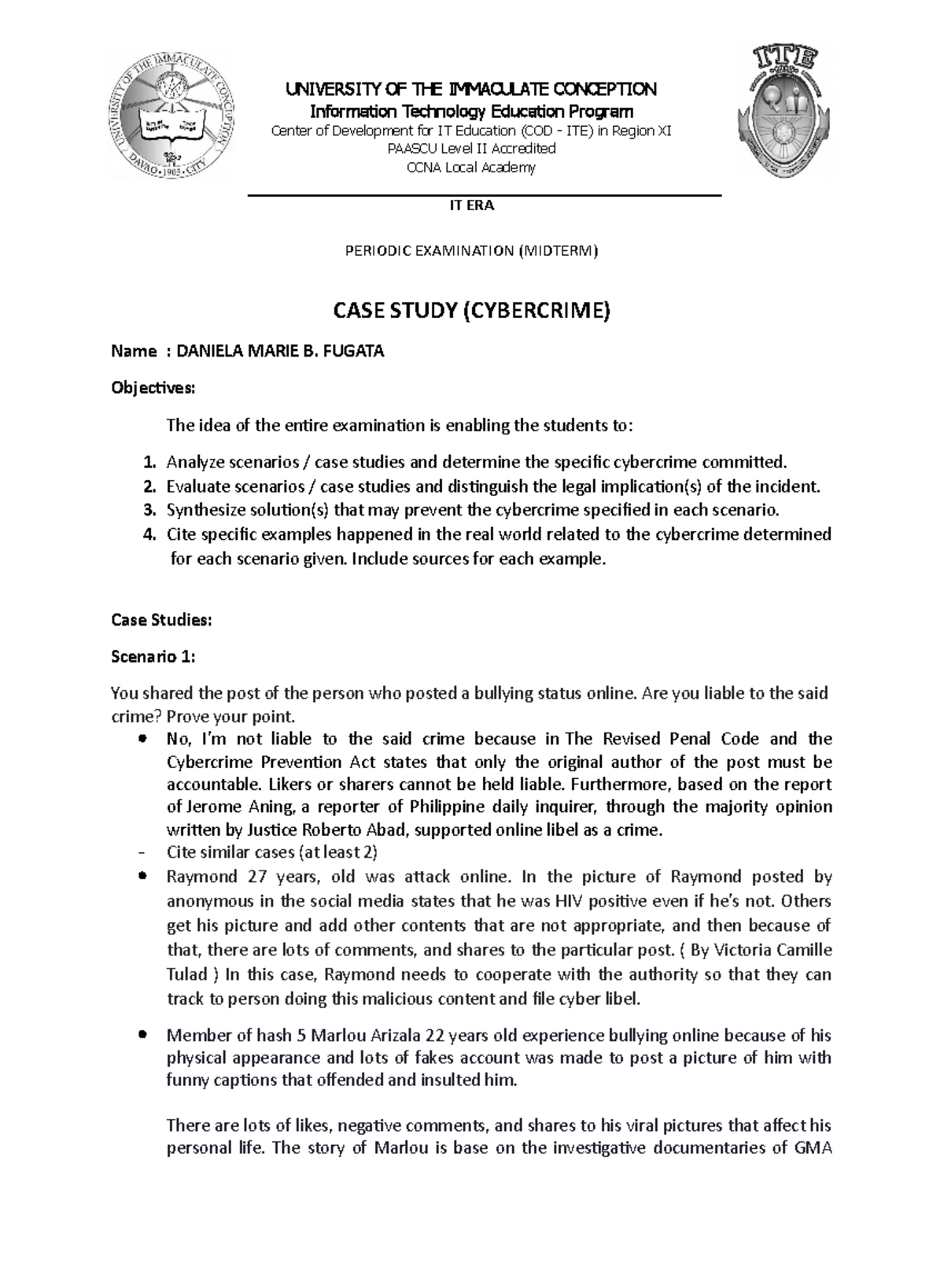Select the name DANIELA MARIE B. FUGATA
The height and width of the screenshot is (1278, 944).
click(280, 352)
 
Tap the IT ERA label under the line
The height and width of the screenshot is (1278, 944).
click(471, 205)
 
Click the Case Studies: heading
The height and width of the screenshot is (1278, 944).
click(161, 620)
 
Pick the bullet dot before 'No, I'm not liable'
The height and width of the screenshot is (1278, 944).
click(142, 739)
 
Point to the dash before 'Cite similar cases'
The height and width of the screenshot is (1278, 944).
click(141, 852)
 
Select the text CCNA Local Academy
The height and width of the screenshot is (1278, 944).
click(470, 167)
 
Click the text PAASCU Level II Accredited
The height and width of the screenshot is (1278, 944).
click(470, 149)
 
